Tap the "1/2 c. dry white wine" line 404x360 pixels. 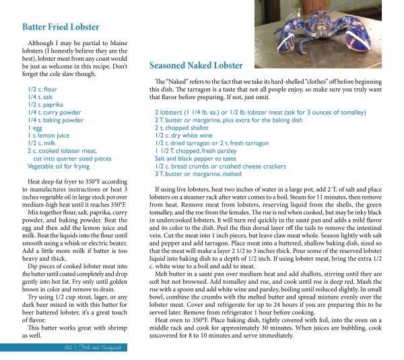click(184, 135)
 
